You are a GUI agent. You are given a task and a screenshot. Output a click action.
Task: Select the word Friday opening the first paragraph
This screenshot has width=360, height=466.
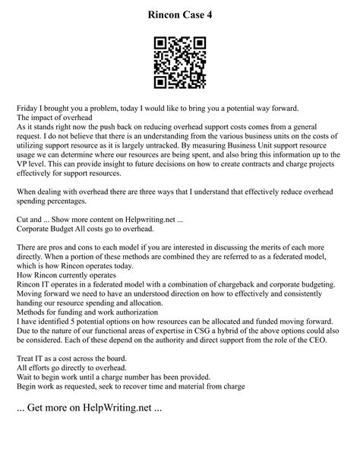click(x=30, y=109)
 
